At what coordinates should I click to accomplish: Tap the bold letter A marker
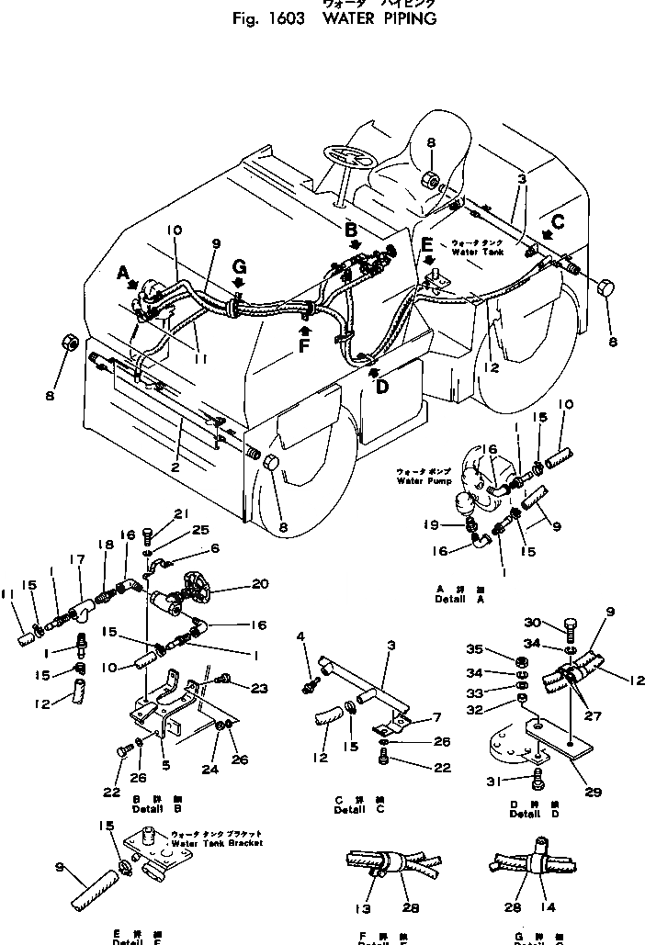(125, 273)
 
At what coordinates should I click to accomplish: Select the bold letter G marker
(239, 267)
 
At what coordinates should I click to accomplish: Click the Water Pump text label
(418, 480)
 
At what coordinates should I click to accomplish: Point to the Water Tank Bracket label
(217, 842)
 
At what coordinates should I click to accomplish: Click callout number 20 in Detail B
(259, 585)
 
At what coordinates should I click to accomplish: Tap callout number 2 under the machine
(174, 466)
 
